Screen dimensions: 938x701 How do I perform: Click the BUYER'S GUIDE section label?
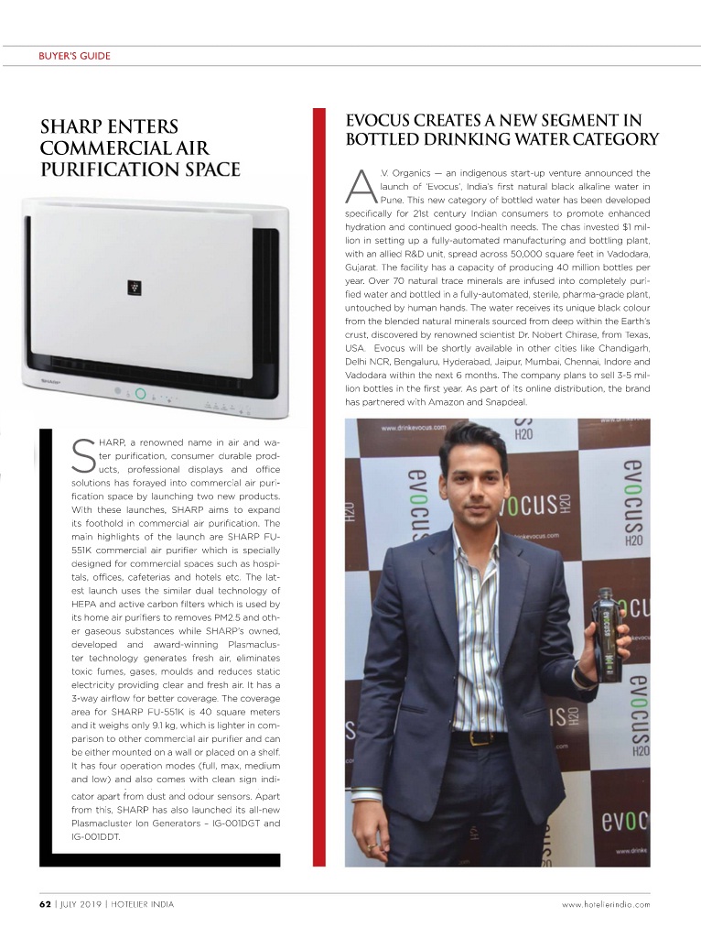click(74, 56)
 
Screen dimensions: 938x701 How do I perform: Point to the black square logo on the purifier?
click(134, 288)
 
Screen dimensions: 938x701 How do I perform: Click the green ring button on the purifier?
click(140, 394)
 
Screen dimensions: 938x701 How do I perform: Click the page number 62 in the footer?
click(44, 904)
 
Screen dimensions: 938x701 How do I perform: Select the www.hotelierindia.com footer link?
click(606, 904)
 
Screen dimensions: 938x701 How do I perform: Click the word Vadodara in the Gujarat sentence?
click(624, 252)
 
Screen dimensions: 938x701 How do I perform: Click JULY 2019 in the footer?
click(80, 904)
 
